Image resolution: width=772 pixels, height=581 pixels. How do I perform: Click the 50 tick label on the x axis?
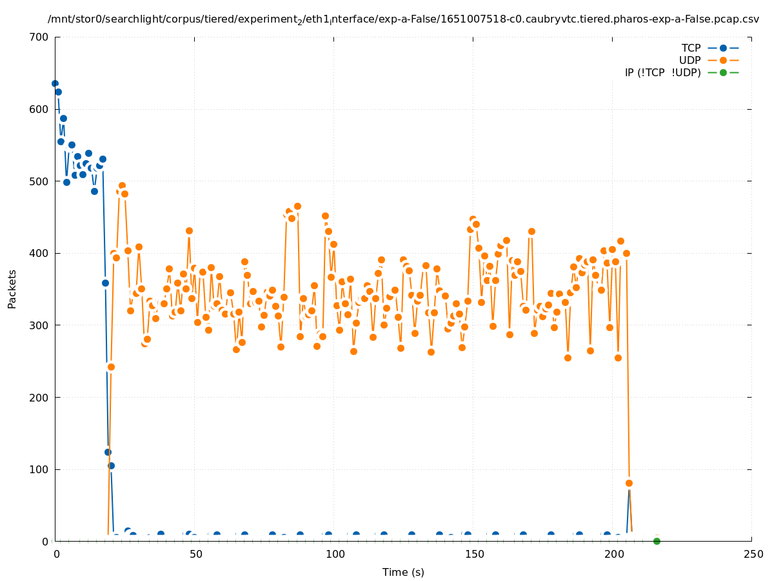[195, 555]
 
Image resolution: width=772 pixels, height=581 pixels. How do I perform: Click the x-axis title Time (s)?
[403, 572]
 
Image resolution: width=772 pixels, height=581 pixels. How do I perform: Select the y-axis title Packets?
[12, 289]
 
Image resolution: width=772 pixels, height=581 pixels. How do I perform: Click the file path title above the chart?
[403, 19]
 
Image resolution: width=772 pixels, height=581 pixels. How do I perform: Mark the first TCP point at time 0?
[55, 83]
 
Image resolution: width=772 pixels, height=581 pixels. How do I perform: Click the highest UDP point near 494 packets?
[122, 185]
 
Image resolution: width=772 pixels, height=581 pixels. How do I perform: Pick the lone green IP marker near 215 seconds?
[657, 541]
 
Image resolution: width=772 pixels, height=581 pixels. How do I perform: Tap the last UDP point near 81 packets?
[629, 483]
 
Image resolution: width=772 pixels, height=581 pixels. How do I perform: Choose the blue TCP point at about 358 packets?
[105, 283]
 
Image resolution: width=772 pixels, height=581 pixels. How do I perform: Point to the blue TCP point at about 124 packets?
[108, 452]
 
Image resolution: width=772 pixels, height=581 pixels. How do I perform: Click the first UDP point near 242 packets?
[111, 367]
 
